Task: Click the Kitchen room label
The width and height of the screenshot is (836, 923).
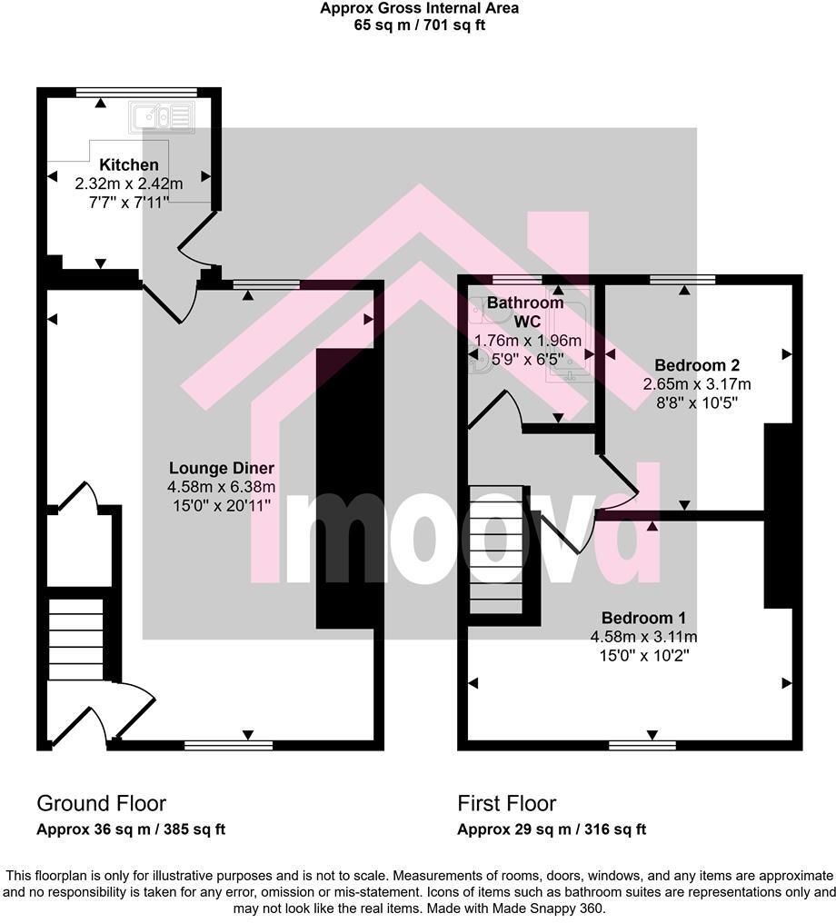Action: pos(129,165)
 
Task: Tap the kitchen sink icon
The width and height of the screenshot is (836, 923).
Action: pos(163,116)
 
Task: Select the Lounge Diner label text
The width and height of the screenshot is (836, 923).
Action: pos(222,468)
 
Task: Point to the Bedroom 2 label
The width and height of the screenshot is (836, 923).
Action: pos(697,365)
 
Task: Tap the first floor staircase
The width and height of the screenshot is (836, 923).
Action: pos(496,550)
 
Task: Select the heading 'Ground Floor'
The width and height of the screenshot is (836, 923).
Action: pos(101,803)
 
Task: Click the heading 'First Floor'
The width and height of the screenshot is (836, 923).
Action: pos(506,803)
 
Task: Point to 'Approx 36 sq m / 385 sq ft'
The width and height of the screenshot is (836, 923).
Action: pos(131,829)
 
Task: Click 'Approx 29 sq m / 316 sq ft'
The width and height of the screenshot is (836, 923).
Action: pos(552,829)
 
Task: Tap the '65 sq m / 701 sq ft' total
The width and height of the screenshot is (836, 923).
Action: pos(420,25)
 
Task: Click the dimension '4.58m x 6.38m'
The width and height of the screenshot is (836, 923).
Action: pos(222,488)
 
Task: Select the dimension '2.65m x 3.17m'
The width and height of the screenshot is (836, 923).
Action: pos(697,384)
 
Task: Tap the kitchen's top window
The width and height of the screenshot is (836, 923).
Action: pos(136,91)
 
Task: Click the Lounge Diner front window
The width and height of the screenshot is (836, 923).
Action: pos(228,745)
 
